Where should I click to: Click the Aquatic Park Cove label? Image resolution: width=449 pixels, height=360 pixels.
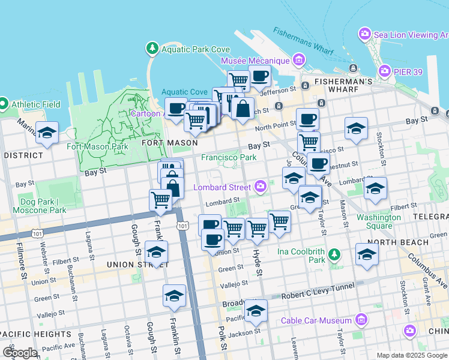coord(195,49)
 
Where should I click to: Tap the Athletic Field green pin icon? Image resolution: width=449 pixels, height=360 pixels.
coord(4,104)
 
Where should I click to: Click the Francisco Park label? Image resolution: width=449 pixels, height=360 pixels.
coord(229,157)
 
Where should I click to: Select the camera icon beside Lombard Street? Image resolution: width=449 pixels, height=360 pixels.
coord(260,187)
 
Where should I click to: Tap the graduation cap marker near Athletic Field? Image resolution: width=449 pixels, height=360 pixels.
coord(47,133)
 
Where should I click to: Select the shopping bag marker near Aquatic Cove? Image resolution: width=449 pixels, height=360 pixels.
coord(243,110)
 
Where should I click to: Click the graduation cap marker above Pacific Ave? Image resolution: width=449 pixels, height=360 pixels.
coord(256,311)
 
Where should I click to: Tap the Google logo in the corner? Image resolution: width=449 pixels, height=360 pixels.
coord(20,353)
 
